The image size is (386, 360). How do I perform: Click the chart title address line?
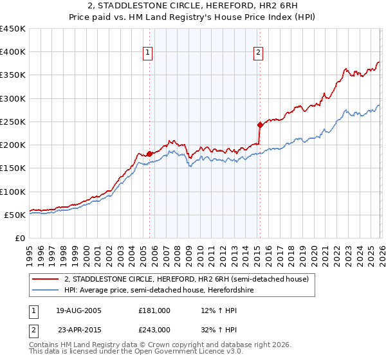coord(192,6)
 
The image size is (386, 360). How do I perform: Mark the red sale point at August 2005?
coord(149,154)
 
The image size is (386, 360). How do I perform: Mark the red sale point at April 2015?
coord(259,125)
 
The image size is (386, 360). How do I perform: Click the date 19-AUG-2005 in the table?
coord(80,310)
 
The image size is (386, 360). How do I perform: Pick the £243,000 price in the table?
coord(154,329)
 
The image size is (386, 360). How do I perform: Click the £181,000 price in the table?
coord(154,310)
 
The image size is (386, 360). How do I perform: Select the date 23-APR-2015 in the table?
coord(80,329)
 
